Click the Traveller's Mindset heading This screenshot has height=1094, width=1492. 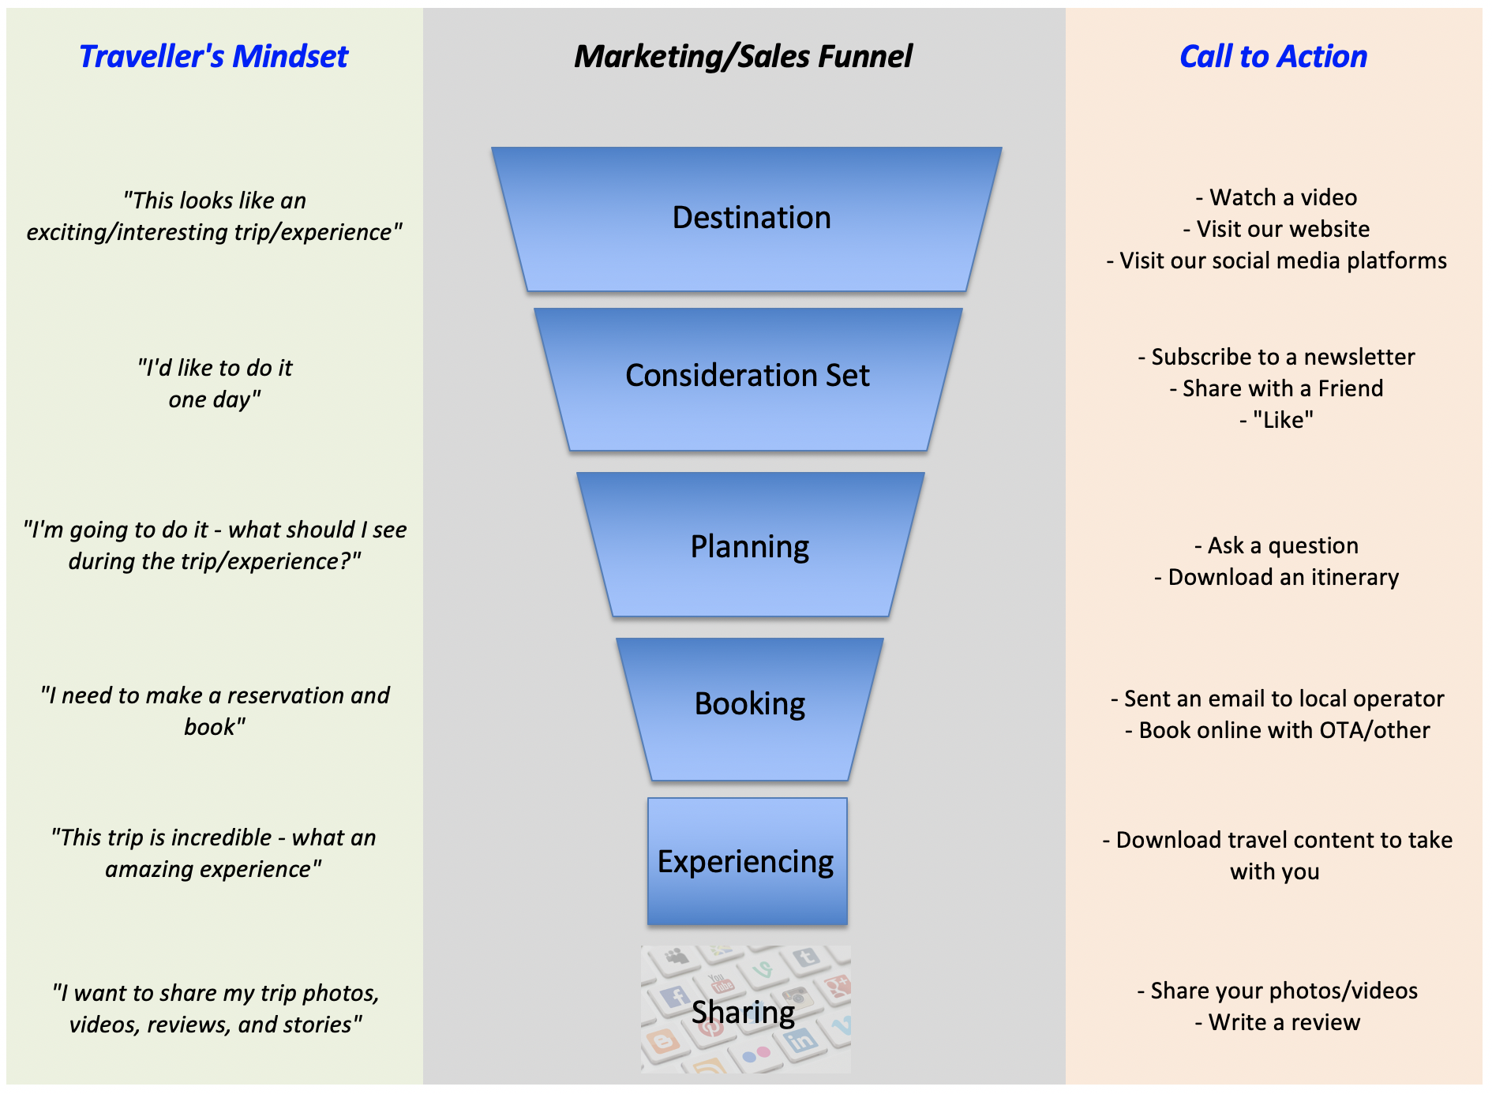pos(213,57)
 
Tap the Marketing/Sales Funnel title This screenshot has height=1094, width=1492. pos(743,57)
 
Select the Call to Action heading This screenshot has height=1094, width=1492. pos(1273,57)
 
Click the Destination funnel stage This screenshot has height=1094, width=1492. pos(751,218)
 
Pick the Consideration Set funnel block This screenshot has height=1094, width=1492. pos(747,376)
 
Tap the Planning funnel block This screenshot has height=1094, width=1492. pos(749,546)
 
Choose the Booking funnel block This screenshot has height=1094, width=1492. pos(749,704)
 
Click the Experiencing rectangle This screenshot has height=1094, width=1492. pos(746,862)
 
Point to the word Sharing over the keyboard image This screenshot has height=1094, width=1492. pos(743,1013)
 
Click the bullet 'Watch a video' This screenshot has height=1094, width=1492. pos(1276,197)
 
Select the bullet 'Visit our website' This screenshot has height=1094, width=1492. pos(1276,229)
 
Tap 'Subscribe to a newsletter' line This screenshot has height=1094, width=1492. pos(1276,357)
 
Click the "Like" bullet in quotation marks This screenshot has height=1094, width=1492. pos(1276,420)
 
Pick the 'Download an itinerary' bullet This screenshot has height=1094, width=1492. pos(1276,577)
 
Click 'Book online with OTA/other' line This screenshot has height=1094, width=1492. pos(1276,730)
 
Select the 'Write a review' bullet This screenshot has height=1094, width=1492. pos(1276,1022)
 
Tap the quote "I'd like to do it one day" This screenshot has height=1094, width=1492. pos(215,384)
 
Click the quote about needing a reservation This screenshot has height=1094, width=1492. pos(215,710)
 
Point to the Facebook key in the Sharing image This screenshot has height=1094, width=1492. pos(675,997)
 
